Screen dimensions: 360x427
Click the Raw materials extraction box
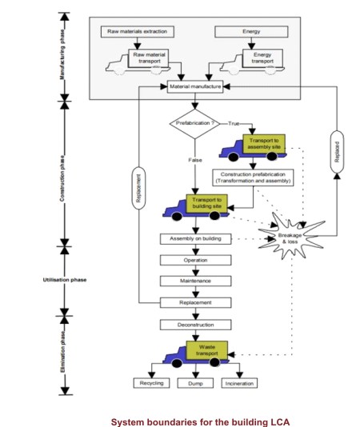pos(138,32)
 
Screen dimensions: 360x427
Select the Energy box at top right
pos(251,32)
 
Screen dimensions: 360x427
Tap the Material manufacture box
pos(195,86)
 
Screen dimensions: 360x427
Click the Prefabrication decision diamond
pos(195,124)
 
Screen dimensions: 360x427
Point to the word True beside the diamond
pos(234,124)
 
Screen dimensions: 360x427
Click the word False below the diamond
pos(195,160)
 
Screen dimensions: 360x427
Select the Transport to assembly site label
pos(264,143)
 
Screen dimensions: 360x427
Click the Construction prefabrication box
pos(253,178)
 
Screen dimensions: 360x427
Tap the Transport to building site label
pos(207,203)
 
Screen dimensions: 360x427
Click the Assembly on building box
pos(195,239)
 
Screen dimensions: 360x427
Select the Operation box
pos(195,260)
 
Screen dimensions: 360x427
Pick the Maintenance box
pos(195,281)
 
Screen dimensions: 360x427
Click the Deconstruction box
pos(195,325)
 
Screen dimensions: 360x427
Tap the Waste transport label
pos(207,350)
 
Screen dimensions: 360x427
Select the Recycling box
pos(151,383)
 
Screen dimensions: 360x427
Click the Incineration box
pos(239,384)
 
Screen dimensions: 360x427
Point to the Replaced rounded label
pos(337,152)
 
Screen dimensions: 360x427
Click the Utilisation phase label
pos(65,280)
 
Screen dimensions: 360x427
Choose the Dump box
pos(195,384)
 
